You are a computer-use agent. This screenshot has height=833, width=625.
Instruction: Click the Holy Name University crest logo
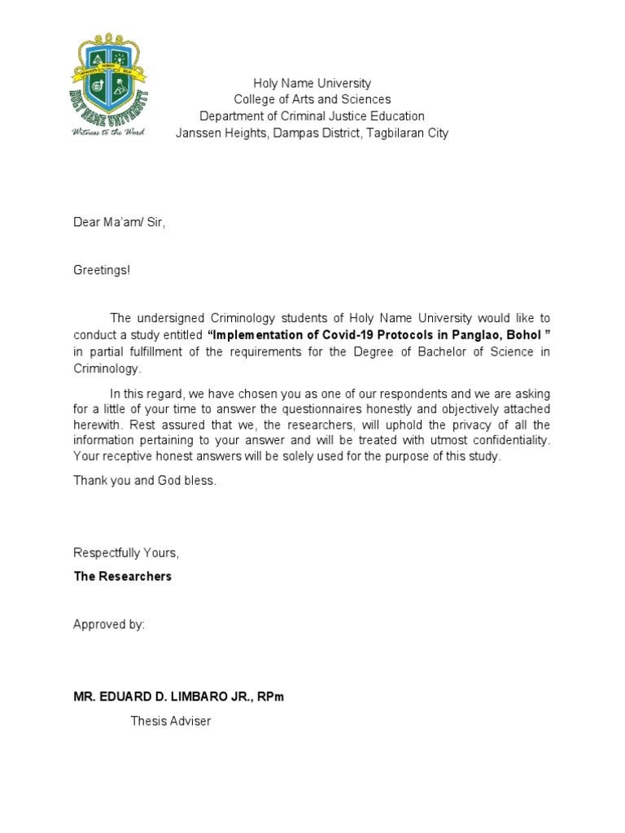click(x=108, y=81)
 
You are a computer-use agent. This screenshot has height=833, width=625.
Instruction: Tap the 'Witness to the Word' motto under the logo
click(x=108, y=131)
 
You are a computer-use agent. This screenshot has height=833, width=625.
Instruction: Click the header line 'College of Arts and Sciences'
click(x=312, y=99)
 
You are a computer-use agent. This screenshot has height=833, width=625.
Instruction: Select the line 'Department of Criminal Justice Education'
click(x=312, y=116)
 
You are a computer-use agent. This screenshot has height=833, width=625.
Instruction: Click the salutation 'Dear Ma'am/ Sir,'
click(x=120, y=222)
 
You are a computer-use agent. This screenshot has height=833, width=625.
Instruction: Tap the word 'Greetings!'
click(x=102, y=269)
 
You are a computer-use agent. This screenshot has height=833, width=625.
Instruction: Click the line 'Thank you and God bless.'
click(x=145, y=480)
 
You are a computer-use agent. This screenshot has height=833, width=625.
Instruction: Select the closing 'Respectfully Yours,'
click(x=126, y=552)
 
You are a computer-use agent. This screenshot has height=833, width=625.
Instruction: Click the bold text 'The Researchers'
click(x=123, y=576)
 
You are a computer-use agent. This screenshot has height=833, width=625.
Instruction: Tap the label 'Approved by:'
click(x=109, y=625)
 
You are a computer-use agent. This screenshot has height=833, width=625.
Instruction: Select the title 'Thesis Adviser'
click(x=171, y=721)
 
